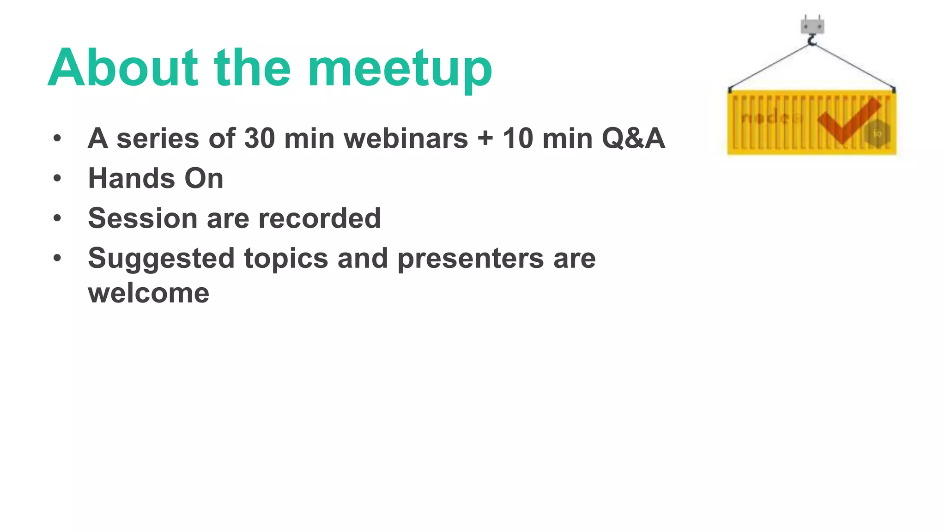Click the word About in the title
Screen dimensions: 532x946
123,67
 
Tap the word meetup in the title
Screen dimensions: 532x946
400,69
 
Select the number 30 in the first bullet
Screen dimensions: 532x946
259,138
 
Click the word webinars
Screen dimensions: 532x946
406,138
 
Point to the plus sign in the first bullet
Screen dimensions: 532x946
485,139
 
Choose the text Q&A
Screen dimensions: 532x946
633,138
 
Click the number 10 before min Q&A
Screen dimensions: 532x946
518,138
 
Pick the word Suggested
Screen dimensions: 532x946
161,258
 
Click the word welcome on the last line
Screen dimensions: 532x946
149,293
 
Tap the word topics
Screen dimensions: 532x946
286,258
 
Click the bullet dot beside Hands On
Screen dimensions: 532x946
57,178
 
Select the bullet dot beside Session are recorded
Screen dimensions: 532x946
57,218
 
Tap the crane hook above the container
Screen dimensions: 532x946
812,41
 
